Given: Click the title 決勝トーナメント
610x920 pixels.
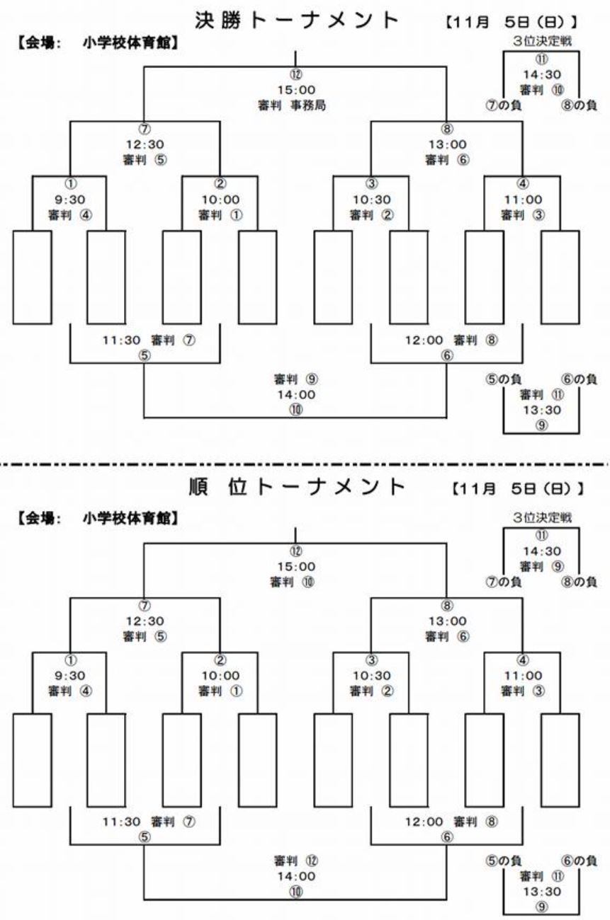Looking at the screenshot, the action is point(297,21).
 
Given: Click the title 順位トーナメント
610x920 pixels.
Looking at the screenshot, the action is point(297,487).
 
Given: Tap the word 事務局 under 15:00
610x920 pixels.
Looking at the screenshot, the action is point(308,105).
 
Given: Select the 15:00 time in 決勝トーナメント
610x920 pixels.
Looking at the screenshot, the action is point(296,90).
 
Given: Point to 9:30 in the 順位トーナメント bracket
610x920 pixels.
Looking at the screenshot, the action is point(70,676).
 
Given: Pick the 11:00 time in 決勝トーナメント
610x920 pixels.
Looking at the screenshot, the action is point(523,200).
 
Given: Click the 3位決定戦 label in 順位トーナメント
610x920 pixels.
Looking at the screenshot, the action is point(542,517).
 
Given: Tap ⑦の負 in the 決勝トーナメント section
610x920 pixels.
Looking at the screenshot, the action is point(504,105).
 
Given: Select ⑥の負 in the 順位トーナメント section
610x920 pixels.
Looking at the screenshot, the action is point(579,861).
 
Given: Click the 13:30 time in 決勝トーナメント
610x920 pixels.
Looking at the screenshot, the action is point(542,410).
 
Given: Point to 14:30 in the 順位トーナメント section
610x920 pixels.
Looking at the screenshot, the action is point(542,551).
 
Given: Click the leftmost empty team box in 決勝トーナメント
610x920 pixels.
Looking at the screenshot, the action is point(32,277).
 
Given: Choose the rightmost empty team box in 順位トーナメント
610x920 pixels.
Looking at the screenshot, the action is point(560,760).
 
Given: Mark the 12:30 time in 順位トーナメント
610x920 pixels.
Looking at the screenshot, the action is point(145,621).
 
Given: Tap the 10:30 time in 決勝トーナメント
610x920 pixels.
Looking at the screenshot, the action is point(371,200).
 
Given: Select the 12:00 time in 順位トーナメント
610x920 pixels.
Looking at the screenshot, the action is point(424,822).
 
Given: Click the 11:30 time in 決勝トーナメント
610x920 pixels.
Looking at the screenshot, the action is point(121,340).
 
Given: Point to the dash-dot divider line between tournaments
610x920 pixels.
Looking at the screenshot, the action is point(304,464).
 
